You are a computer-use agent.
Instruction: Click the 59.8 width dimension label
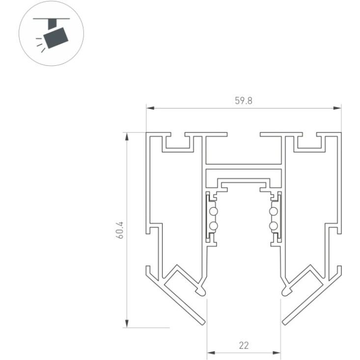(244, 101)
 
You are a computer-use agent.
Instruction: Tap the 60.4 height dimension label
(120, 230)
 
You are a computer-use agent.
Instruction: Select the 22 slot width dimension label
(244, 345)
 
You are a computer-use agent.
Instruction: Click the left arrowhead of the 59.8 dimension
(150, 108)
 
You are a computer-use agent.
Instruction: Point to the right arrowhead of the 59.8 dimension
(337, 108)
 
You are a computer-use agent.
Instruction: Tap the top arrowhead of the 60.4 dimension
(127, 137)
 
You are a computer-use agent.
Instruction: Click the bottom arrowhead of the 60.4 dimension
(127, 324)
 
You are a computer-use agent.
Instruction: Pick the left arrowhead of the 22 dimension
(211, 353)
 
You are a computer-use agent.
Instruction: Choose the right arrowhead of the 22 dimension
(277, 353)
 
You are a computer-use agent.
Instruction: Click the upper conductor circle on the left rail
(214, 211)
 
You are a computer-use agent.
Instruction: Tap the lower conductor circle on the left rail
(214, 226)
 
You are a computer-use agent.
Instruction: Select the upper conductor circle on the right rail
(274, 211)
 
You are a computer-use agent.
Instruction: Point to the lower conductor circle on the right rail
(274, 226)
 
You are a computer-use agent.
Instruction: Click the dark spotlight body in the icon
(55, 38)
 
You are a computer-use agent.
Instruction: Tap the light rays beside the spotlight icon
(40, 45)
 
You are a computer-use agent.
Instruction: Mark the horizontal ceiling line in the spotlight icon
(52, 18)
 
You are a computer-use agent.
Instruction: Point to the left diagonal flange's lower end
(203, 323)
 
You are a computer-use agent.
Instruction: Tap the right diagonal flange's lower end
(284, 323)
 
